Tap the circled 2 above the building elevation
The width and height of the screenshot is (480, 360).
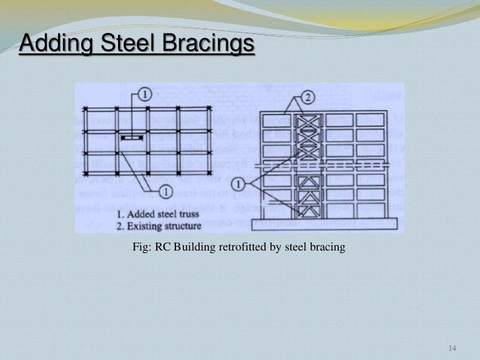point(307,96)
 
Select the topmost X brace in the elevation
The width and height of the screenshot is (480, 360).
point(305,121)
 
